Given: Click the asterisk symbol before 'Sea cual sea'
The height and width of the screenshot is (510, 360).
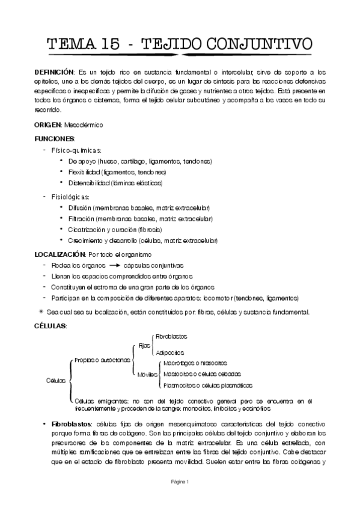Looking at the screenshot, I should point(41,312).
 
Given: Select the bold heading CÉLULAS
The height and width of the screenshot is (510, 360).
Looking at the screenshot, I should point(50,325).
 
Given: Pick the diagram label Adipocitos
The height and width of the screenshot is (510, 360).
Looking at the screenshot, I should point(169,352).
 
